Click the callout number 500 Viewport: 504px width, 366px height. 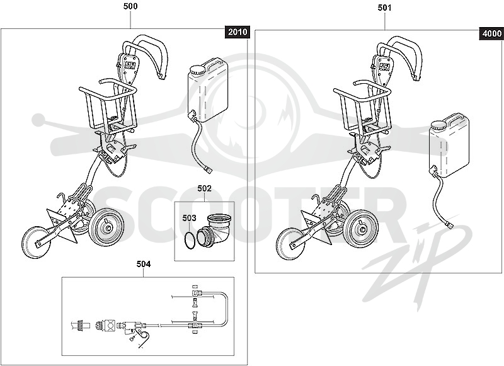130,6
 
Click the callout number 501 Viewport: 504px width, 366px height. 384,8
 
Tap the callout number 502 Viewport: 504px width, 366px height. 204,188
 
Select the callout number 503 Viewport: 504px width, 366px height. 189,218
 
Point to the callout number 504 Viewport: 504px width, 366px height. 144,264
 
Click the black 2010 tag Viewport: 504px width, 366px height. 238,31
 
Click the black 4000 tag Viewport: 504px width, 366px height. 492,33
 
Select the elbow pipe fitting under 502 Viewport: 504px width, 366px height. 214,230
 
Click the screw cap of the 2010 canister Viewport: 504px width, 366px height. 197,70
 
